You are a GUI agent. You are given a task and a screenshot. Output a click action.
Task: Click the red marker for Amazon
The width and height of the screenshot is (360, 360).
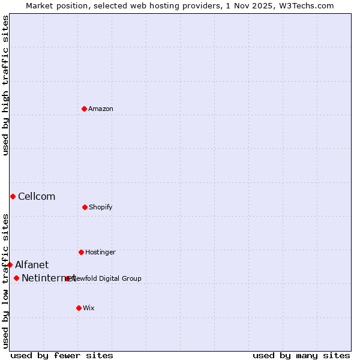[85, 109]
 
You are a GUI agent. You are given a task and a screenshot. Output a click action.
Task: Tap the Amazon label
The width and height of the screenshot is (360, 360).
[101, 109]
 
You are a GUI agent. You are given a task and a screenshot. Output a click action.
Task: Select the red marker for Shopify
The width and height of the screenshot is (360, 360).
[85, 207]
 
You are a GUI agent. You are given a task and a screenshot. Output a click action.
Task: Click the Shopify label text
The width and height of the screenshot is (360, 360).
[101, 207]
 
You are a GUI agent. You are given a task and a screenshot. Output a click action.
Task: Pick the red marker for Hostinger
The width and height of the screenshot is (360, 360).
[81, 252]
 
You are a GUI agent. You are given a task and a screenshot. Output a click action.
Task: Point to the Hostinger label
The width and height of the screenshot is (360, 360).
[100, 252]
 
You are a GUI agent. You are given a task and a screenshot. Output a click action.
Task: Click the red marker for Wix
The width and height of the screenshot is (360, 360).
[79, 308]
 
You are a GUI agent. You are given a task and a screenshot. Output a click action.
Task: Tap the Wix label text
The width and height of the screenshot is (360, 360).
[89, 308]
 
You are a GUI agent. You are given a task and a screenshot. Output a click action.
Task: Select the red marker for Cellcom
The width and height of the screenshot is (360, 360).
[13, 196]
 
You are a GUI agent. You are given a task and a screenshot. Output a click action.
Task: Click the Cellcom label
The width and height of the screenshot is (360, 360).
[37, 197]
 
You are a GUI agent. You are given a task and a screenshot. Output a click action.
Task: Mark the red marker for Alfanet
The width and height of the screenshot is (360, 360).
[10, 265]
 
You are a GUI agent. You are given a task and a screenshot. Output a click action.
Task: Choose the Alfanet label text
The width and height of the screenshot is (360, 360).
[32, 265]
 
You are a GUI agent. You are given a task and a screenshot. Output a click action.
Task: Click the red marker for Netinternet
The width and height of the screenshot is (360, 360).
[16, 278]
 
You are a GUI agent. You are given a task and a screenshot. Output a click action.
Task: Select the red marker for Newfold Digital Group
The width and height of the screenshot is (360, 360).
[68, 278]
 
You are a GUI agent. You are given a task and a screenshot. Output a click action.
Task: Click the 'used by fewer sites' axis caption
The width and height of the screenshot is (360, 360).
[62, 355]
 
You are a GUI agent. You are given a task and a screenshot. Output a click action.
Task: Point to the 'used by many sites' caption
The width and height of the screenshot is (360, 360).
[301, 355]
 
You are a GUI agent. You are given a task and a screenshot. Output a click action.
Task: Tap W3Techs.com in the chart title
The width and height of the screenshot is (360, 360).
[305, 5]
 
